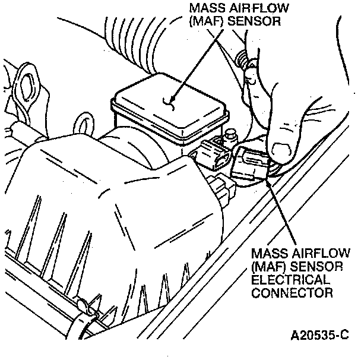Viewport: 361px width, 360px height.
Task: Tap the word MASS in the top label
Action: (202, 8)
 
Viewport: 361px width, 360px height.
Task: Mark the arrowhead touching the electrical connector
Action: (268, 182)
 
